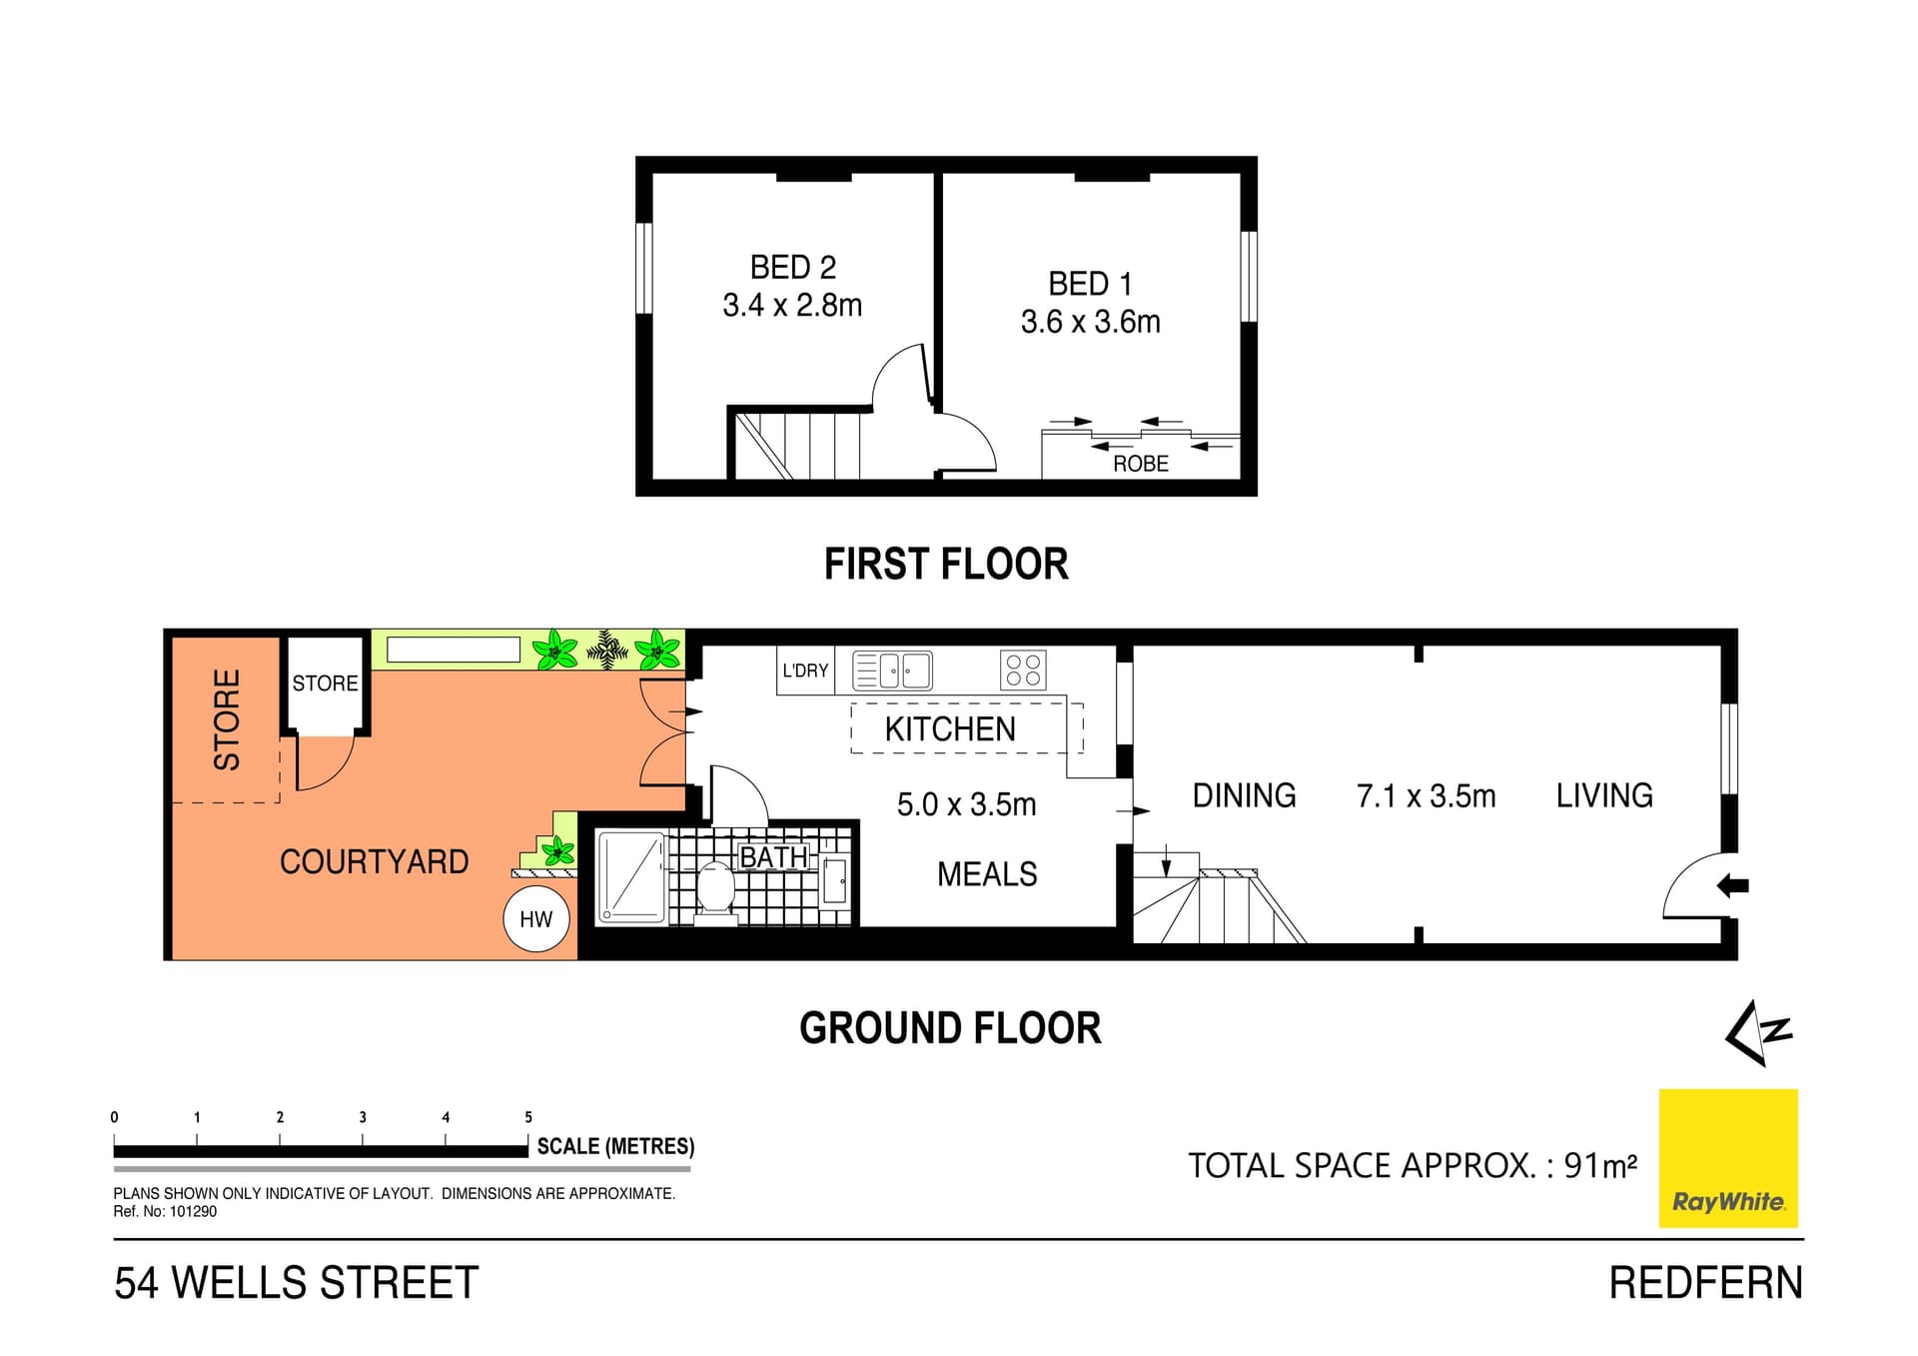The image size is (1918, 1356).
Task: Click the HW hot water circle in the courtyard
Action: point(536,919)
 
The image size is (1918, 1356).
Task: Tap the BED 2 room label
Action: point(792,268)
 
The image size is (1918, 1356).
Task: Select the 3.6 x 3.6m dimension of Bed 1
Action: point(1090,322)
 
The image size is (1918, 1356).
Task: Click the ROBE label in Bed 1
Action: point(1140,464)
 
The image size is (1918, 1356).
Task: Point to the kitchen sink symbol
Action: point(892,671)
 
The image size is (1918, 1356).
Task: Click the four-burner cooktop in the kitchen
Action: point(1023,671)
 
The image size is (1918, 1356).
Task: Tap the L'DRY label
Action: point(805,671)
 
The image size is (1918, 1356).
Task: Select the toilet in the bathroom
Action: point(715,887)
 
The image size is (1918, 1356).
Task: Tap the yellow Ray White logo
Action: point(1727,1158)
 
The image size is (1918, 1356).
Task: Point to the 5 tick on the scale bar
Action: point(528,1118)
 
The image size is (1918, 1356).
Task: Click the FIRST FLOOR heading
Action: point(945,565)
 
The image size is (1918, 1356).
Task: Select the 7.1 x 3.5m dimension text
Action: point(1426,796)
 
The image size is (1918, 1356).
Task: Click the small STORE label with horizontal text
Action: point(325,683)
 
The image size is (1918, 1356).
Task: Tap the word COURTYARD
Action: point(374,861)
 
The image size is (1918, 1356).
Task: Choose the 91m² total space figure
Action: point(1599,1166)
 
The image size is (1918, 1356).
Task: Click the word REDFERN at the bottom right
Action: point(1705,1283)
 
